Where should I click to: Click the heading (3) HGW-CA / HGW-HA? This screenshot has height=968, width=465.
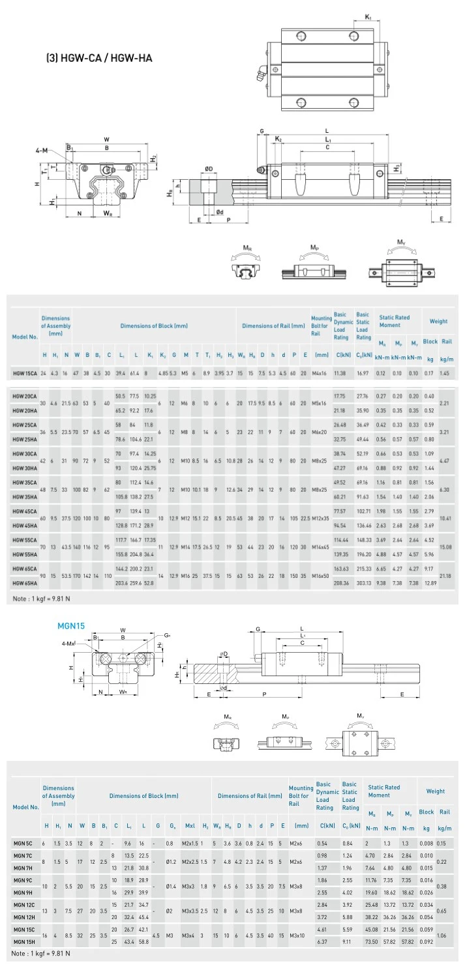98,57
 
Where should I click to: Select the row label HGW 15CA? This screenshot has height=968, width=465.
25,373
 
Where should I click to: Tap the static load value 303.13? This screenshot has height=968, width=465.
363,583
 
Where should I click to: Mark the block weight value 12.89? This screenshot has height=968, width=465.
429,583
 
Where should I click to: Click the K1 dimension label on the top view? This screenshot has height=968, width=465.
368,17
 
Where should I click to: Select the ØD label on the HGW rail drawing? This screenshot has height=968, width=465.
208,169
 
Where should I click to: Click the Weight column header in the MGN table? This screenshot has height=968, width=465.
435,791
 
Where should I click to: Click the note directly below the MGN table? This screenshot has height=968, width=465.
41,954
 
